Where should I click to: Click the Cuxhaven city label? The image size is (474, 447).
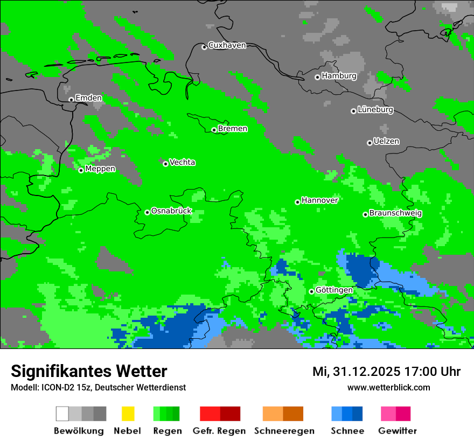click(x=227, y=45)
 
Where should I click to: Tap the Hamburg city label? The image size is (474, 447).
click(x=339, y=76)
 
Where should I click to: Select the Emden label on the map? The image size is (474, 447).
click(x=88, y=98)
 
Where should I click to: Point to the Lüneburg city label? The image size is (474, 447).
click(x=375, y=110)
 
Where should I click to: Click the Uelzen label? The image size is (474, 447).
click(x=386, y=142)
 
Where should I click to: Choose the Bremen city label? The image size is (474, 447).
click(x=232, y=129)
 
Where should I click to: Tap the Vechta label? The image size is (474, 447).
click(x=182, y=163)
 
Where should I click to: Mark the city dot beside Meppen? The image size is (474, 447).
click(x=81, y=170)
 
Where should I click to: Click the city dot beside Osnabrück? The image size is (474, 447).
click(x=147, y=212)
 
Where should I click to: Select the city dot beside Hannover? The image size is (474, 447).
click(x=297, y=202)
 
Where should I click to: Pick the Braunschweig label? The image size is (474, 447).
click(x=395, y=213)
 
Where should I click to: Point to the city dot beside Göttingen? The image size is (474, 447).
click(x=311, y=291)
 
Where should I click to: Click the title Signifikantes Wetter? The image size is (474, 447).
click(x=89, y=372)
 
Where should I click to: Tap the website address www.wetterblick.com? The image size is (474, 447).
click(x=388, y=387)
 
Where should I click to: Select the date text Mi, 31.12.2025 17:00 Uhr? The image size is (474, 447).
click(x=386, y=372)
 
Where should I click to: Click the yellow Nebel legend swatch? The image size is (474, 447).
click(x=128, y=414)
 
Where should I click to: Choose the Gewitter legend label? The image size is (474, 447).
click(x=397, y=431)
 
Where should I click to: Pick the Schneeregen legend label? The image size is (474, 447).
click(x=284, y=431)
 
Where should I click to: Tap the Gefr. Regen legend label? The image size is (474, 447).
click(x=219, y=431)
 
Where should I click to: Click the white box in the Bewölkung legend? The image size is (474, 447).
click(x=62, y=414)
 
